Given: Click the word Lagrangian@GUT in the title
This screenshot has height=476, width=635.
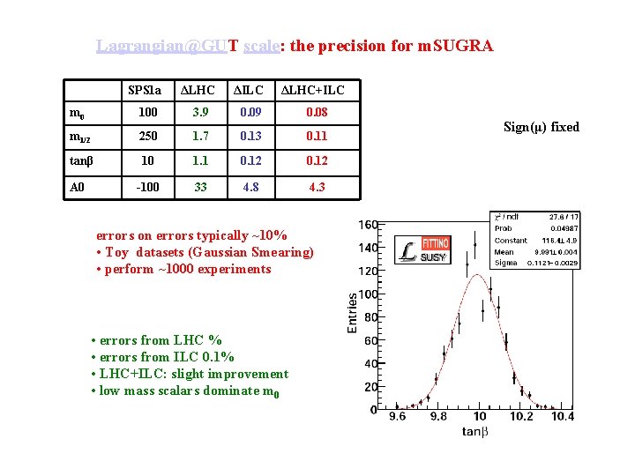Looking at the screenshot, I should pyautogui.click(x=167, y=46).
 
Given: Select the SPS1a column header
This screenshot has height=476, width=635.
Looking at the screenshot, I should pyautogui.click(x=145, y=90).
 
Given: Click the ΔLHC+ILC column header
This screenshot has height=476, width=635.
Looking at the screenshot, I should pyautogui.click(x=312, y=90).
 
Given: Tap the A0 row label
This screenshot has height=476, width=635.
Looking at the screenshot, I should pyautogui.click(x=78, y=187).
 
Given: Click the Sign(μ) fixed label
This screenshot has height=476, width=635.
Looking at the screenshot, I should pyautogui.click(x=542, y=127).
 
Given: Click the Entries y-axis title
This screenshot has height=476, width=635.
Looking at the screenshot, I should pyautogui.click(x=353, y=313).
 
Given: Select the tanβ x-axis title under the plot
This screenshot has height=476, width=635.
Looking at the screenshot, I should pyautogui.click(x=475, y=431).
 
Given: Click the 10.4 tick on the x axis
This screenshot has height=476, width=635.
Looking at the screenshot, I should pyautogui.click(x=562, y=417).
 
